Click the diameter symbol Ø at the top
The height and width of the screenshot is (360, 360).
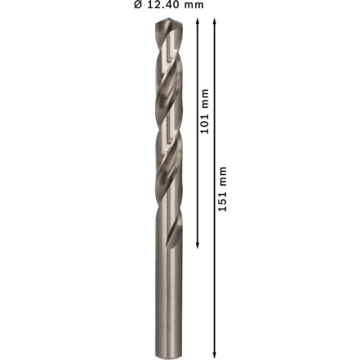point(138,5)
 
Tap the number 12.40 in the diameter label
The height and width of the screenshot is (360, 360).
point(164,5)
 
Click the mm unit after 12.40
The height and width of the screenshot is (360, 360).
point(194,6)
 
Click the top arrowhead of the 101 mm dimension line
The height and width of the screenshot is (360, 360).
point(197,21)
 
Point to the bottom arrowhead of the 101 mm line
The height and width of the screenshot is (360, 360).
point(197,246)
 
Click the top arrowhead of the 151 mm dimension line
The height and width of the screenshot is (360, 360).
point(215,21)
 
